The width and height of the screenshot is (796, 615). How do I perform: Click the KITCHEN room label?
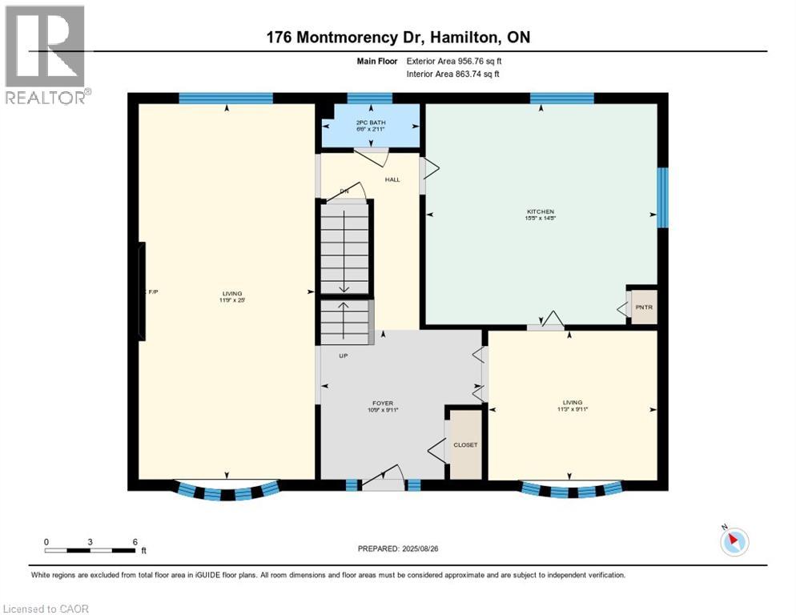point(541,211)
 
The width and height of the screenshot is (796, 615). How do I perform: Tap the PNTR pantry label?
point(644,307)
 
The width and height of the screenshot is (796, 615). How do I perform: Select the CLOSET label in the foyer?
point(465,444)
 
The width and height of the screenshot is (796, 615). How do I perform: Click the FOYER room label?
point(382,403)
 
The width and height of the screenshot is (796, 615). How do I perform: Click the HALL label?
point(392,179)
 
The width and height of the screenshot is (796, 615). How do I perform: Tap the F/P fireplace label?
point(153,293)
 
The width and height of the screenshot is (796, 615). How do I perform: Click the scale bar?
point(90,549)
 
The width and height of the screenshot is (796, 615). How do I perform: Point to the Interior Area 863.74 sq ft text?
point(453,74)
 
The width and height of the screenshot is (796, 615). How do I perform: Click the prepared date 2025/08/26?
point(430,549)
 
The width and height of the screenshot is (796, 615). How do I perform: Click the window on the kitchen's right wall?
point(662,198)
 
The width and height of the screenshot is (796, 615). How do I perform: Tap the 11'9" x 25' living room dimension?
point(231,301)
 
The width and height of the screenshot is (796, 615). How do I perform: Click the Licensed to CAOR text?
point(46,609)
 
